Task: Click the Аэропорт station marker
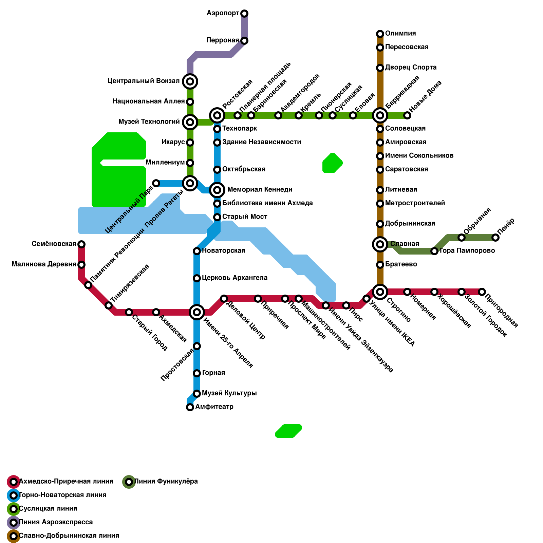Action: (244, 14)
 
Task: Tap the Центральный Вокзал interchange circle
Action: (190, 81)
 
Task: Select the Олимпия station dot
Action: (380, 34)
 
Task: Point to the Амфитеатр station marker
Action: (190, 407)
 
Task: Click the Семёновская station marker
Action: (81, 244)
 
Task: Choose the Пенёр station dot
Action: (495, 238)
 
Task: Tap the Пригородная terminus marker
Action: (482, 292)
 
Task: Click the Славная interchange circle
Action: (380, 244)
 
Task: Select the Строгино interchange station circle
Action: (380, 292)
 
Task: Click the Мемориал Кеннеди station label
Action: (260, 190)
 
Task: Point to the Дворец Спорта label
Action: (411, 68)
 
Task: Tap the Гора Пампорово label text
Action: (467, 251)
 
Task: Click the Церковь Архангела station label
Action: (235, 278)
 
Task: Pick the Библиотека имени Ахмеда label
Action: (267, 203)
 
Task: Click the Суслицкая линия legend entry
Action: (48, 509)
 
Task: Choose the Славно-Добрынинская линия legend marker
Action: (14, 536)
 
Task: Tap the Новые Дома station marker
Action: (407, 115)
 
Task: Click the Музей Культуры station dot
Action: (197, 394)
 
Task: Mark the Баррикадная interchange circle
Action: (380, 115)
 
